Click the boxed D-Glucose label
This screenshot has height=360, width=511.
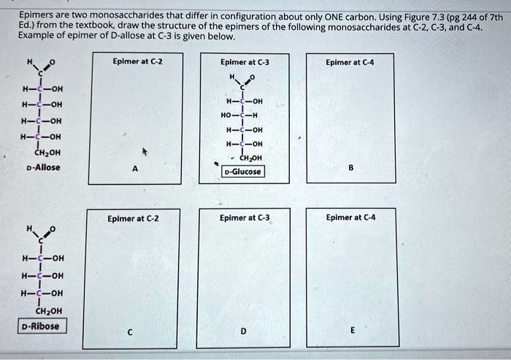244,172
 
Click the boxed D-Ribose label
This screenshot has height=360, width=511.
42,326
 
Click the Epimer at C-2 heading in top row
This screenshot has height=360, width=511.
137,61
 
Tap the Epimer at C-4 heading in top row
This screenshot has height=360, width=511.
351,62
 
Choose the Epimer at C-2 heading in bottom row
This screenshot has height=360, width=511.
133,218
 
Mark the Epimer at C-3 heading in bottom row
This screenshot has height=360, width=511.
244,218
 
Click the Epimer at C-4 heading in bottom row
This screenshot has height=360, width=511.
351,218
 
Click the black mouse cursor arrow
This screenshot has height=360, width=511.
145,153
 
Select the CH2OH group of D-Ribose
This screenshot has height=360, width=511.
41,310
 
